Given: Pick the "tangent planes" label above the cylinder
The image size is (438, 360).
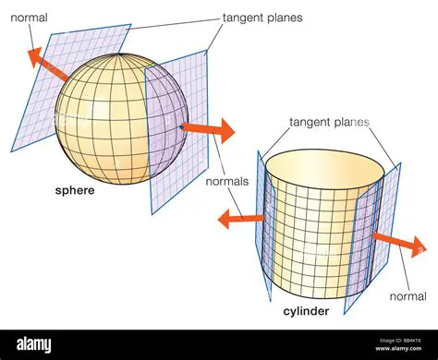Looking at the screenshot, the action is point(329,121).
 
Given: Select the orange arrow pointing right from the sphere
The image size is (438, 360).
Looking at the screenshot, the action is point(207,128).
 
